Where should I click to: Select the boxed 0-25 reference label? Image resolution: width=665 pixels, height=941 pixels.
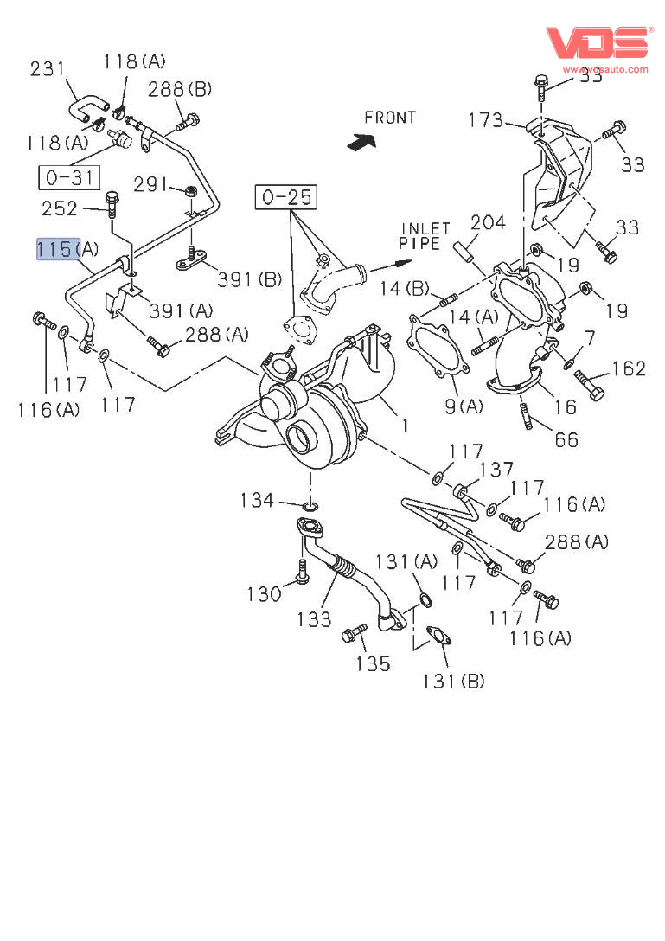tap(286, 197)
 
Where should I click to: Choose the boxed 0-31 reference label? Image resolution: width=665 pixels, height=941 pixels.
tap(68, 178)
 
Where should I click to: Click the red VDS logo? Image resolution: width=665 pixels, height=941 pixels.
tap(597, 42)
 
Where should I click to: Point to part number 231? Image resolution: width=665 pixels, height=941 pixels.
tap(48, 68)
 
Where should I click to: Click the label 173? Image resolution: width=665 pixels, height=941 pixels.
tap(485, 119)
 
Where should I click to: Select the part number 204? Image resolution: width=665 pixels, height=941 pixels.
tap(488, 223)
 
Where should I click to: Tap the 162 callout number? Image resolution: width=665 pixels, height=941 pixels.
tap(629, 369)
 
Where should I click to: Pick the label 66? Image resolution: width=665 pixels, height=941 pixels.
tap(566, 440)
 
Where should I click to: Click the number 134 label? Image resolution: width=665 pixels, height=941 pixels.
tap(258, 500)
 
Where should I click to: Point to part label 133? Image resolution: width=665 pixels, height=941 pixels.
tap(314, 618)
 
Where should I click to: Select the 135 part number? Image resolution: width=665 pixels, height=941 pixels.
tap(373, 664)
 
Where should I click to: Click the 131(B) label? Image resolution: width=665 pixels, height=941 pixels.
tap(453, 682)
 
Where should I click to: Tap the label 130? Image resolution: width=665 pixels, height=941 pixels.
tap(264, 594)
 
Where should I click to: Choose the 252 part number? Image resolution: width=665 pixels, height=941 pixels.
tap(60, 208)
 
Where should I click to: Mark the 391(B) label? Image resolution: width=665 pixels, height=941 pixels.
tap(249, 279)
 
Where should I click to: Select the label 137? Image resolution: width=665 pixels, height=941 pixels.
tap(496, 470)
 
